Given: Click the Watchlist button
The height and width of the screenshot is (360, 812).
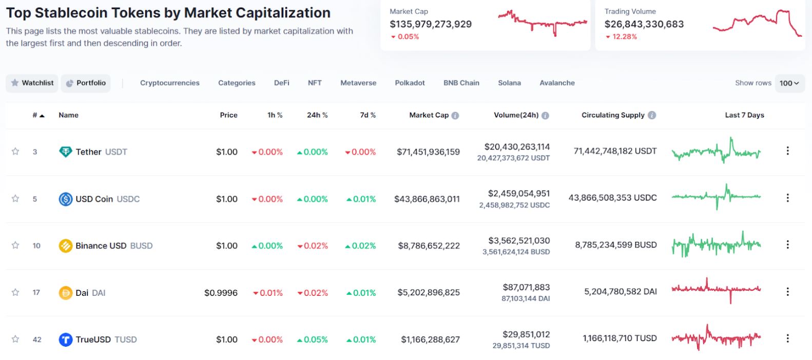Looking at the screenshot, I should coord(32,83).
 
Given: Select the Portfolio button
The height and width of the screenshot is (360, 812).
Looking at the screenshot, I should coord(86,83).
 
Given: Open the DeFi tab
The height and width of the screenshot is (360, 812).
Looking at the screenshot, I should coord(281,83).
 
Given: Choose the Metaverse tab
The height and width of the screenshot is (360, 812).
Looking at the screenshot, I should coord(358,83).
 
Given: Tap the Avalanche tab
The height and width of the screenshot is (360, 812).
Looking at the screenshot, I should coord(557,83).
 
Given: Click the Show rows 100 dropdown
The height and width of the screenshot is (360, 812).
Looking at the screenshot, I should coord(789,83).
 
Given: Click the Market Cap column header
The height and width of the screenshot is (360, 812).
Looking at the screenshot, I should coord(429,115).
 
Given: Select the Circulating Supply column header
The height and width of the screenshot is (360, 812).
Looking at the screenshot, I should coord(613,115).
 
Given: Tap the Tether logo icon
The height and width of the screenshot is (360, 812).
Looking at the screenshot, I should coord(66,151).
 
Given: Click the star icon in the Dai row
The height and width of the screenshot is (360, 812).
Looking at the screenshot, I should coord(15,292).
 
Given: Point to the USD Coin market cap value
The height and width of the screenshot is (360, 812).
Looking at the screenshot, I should coord(427,199).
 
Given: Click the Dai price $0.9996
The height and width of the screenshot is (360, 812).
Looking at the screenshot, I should coord(221,293).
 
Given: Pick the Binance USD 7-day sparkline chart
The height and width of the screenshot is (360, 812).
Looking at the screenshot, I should coord(716,244).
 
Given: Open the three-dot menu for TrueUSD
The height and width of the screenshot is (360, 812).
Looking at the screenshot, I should coord(787,338).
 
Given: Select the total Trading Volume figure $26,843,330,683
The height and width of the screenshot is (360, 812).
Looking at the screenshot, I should coord(644,24).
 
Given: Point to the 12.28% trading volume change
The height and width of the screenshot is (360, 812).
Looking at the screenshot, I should coord(624,36).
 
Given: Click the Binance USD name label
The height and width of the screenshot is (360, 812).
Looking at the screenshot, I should coord(101,245).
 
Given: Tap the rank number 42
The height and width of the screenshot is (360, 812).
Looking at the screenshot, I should coord(37,339).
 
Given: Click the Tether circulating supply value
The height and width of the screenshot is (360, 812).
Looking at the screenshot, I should coord(615,151).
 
